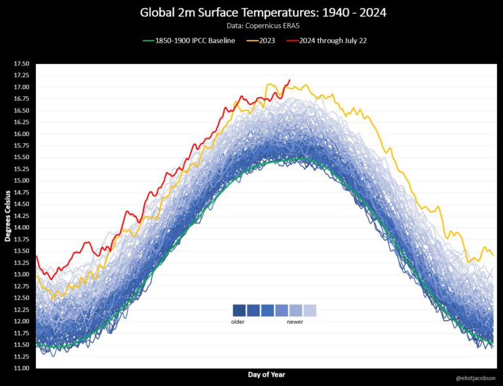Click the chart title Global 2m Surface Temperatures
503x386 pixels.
[251, 12]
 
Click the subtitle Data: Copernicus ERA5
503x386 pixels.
[251, 27]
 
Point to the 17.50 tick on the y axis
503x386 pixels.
[21, 64]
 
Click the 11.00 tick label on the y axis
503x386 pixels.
[21, 368]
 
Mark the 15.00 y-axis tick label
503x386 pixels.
[21, 181]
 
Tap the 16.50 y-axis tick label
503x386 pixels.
[21, 111]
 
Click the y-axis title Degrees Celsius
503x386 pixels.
[8, 216]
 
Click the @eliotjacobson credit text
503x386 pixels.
[475, 378]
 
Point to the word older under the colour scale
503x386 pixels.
[238, 321]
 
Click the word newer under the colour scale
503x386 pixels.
[295, 321]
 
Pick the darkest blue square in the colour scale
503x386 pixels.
[239, 310]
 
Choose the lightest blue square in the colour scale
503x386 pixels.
[310, 310]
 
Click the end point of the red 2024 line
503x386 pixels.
[289, 80]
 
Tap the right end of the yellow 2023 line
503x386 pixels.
[493, 255]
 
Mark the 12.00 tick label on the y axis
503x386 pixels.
[21, 321]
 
